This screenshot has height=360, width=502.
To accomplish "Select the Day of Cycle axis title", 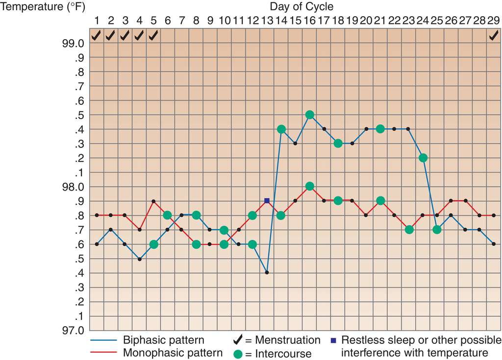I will click(301, 6).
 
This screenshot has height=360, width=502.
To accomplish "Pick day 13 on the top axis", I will click(267, 21).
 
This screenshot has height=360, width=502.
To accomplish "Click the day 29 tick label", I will click(494, 21).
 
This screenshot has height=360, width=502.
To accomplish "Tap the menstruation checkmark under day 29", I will click(494, 35).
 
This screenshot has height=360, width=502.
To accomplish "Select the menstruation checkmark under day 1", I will click(97, 35).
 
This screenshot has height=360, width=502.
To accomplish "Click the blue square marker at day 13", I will click(267, 201).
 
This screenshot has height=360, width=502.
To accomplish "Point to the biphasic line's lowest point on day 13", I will click(267, 272).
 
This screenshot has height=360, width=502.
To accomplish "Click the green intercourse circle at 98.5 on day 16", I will click(309, 115).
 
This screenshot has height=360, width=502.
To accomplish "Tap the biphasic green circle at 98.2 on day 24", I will click(423, 158).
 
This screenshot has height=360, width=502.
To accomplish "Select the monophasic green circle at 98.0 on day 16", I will click(309, 186).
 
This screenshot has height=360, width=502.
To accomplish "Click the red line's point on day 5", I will click(153, 201).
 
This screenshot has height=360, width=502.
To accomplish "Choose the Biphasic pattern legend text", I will click(164, 340).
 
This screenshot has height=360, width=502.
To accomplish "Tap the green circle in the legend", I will click(237, 353).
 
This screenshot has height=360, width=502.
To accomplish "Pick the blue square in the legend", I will click(334, 339).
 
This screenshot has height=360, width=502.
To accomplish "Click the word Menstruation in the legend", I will click(288, 340).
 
